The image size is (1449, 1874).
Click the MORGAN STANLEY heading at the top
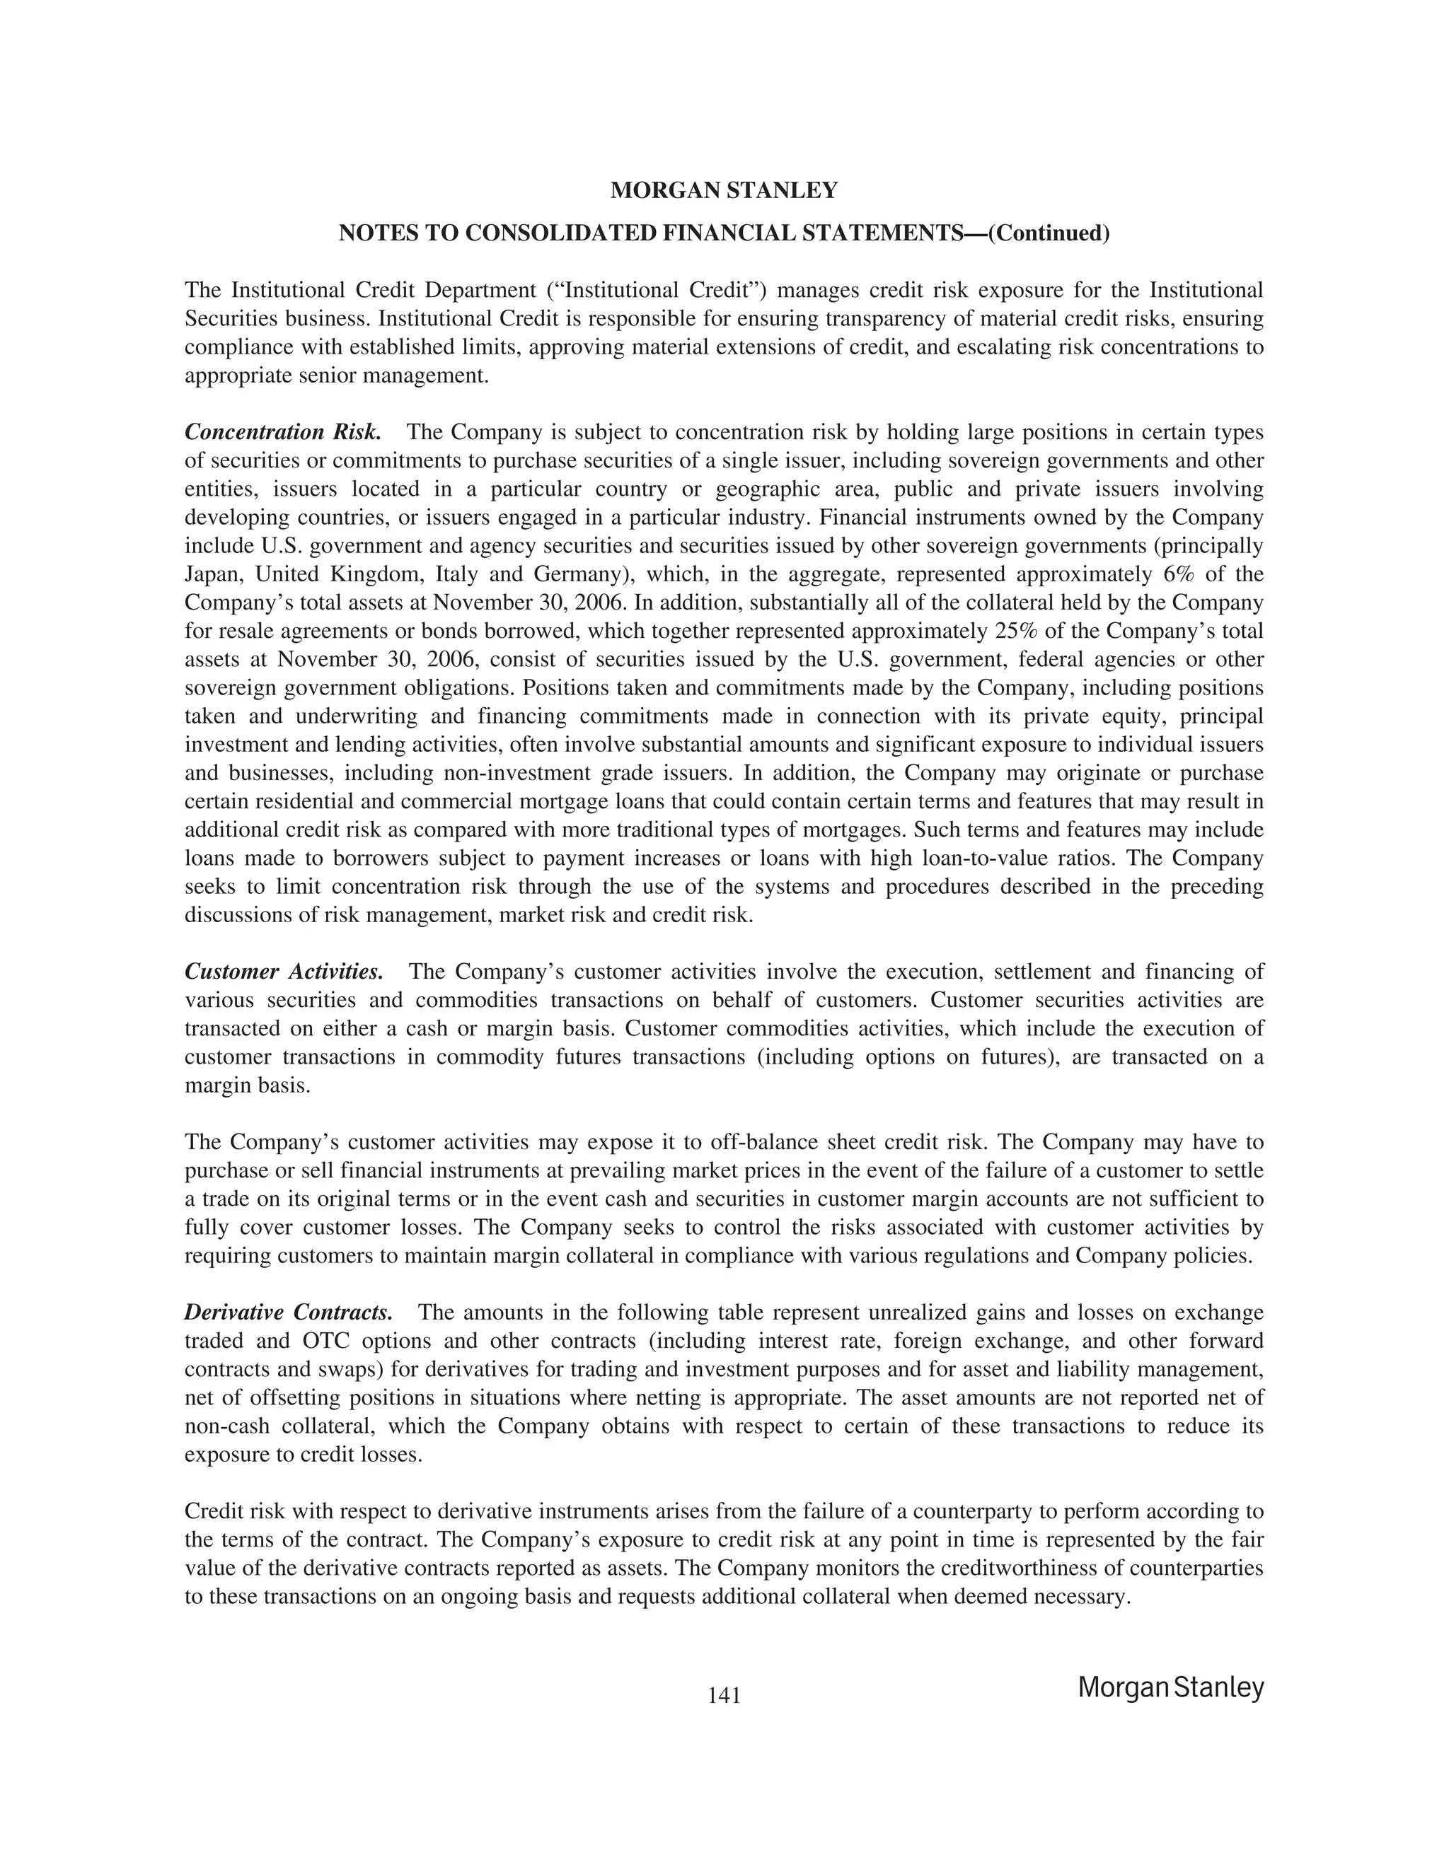point(724,190)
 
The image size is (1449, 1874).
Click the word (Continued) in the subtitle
point(1049,233)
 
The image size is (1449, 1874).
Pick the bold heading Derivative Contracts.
point(289,1312)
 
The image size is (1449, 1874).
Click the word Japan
point(213,574)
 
